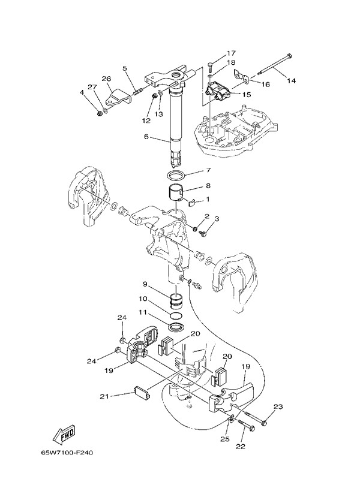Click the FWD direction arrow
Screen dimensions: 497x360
(63, 433)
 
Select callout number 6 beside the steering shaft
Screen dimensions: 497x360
(145, 137)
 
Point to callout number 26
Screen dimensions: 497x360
(106, 79)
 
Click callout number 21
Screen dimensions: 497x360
(104, 396)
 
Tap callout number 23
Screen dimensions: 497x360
(278, 407)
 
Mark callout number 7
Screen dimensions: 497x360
(208, 170)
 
